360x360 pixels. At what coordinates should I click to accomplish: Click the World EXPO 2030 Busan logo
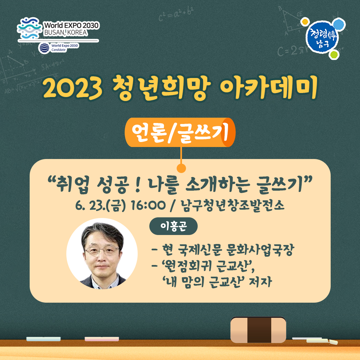[x=58, y=28]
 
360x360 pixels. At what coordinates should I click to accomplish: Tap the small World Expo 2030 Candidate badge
[x=59, y=48]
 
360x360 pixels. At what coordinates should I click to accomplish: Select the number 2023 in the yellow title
[x=73, y=88]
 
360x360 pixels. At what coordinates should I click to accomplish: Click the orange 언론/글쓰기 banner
[x=180, y=132]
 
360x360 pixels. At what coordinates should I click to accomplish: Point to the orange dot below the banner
[x=181, y=168]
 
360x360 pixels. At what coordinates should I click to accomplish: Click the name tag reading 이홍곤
[x=173, y=226]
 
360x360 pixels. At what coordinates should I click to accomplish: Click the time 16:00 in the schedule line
[x=148, y=205]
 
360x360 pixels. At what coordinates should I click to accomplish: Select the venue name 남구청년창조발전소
[x=233, y=205]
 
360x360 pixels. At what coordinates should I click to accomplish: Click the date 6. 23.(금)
[x=100, y=205]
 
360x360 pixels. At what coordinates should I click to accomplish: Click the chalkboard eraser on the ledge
[x=258, y=330]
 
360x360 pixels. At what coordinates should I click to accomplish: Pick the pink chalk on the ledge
[x=102, y=339]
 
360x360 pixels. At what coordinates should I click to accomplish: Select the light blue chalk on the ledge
[x=43, y=339]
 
